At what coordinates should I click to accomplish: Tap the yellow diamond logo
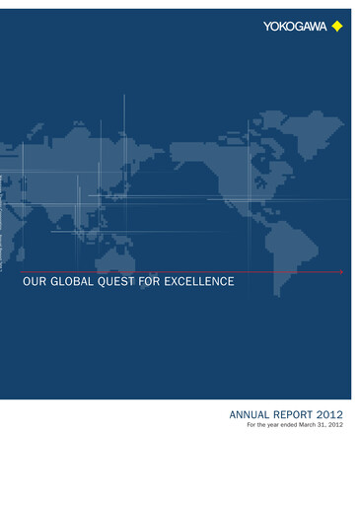pyautogui.click(x=337, y=26)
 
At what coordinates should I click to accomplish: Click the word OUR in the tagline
pyautogui.click(x=35, y=282)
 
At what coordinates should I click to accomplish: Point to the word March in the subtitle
pyautogui.click(x=313, y=426)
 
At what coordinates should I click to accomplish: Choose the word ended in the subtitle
pyautogui.click(x=291, y=426)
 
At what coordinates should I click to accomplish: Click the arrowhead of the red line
pyautogui.click(x=341, y=271)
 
